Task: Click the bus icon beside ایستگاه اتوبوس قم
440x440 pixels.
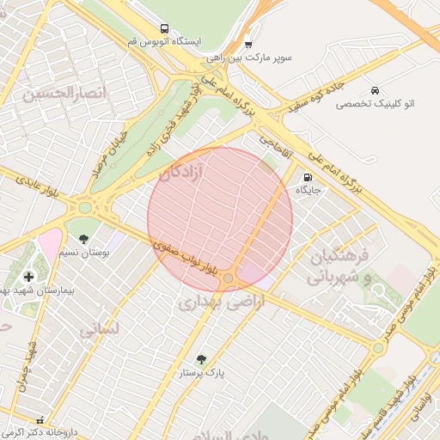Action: pos(163,27)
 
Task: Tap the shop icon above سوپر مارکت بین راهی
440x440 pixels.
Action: pos(248,44)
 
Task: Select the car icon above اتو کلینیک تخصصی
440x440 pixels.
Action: pos(375,89)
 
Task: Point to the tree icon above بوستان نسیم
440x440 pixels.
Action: pos(83,239)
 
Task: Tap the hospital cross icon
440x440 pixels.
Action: pos(29,276)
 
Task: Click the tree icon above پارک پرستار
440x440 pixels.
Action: pos(201,359)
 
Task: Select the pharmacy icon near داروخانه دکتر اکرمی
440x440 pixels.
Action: pos(40,420)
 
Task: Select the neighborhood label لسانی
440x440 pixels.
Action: pos(97,329)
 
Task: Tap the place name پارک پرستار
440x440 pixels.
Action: pos(201,374)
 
